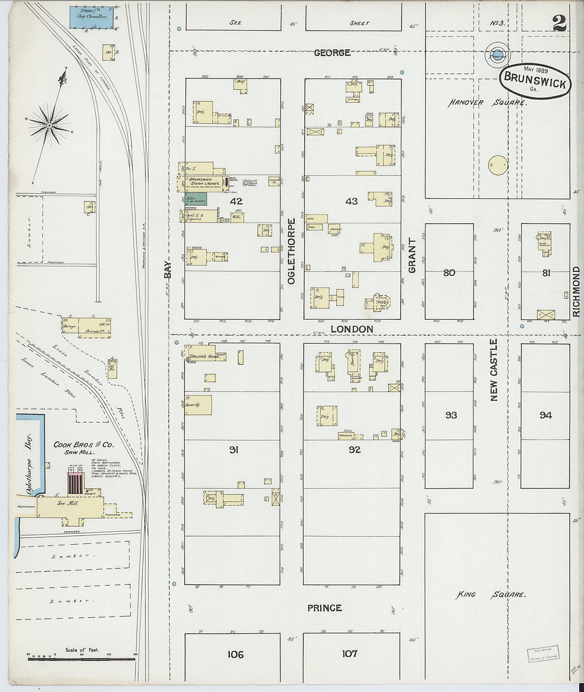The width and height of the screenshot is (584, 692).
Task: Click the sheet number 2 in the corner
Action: tap(559, 22)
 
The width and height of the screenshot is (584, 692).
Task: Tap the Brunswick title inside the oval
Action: tap(535, 80)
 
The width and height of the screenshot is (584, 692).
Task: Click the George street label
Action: tap(332, 52)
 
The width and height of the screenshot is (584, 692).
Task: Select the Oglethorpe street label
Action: tap(291, 251)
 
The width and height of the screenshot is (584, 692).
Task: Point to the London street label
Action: tap(351, 329)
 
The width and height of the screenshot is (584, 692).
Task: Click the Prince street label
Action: tap(324, 608)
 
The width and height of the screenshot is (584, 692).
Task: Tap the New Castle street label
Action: tap(494, 370)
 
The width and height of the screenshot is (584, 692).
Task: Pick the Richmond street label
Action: tap(577, 292)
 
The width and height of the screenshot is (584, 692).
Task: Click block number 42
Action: tap(236, 201)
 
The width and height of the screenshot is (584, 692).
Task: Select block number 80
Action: tap(449, 273)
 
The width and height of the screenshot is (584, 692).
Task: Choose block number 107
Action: tap(349, 653)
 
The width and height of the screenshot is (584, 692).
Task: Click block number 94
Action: tap(545, 415)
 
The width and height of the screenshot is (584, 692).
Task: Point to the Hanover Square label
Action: tap(487, 102)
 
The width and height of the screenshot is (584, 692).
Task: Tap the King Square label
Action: tap(491, 595)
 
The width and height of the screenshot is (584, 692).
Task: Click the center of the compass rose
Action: tap(49, 126)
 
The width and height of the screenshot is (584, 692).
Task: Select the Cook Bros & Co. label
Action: tap(83, 444)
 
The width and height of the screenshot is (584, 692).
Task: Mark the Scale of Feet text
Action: tap(82, 650)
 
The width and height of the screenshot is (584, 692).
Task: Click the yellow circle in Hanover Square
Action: tap(497, 165)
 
